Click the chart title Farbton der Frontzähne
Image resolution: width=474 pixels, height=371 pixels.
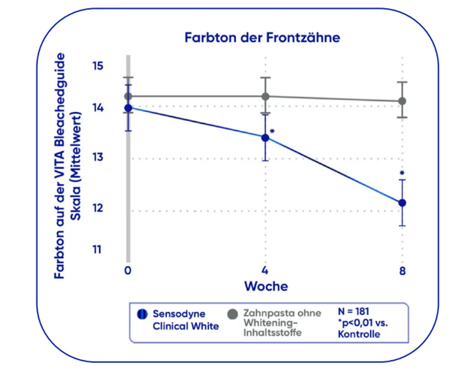tap(262, 38)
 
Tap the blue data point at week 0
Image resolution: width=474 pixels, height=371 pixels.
tap(128, 108)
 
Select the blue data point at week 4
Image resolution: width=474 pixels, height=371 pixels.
tap(265, 138)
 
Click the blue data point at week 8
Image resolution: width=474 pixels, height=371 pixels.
tap(402, 203)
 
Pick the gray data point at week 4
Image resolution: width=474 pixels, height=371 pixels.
tap(265, 96)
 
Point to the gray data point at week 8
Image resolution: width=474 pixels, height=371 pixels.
tap(402, 101)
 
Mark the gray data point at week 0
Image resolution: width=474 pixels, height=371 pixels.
tap(128, 96)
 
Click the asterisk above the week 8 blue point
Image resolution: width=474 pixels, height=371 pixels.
tap(402, 174)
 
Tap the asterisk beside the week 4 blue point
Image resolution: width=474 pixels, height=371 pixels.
tap(272, 131)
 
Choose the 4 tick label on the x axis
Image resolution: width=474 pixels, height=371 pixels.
tap(265, 271)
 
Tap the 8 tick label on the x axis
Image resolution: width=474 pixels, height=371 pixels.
tap(402, 271)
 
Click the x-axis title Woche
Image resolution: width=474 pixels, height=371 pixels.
tap(266, 286)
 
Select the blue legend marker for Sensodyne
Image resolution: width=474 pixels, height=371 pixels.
tap(142, 314)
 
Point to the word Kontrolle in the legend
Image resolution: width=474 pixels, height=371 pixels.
tap(359, 334)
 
